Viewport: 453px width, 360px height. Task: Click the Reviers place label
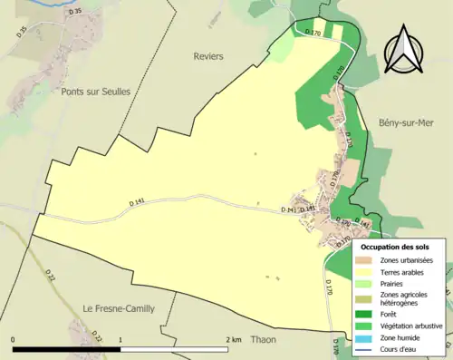click(207, 56)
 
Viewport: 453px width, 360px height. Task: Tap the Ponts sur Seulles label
click(96, 92)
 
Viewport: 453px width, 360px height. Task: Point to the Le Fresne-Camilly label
click(119, 308)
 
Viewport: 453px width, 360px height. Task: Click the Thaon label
click(262, 339)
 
